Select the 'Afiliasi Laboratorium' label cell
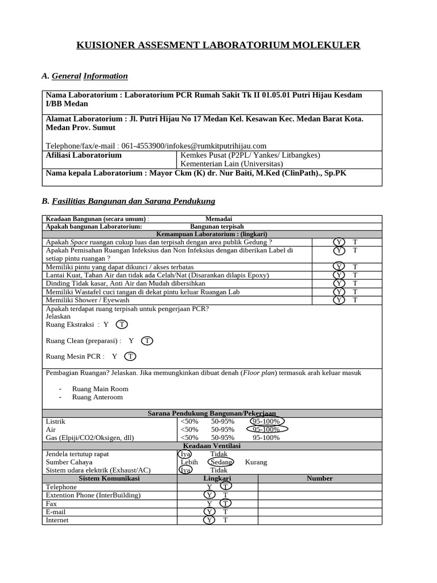tap(84, 155)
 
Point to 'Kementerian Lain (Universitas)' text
tap(231, 163)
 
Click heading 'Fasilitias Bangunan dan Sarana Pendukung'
tap(133, 201)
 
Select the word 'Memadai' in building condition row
tap(218, 219)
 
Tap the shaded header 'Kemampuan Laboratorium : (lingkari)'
tap(212, 234)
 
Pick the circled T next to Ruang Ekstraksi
tap(122, 325)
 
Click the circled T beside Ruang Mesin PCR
tap(130, 356)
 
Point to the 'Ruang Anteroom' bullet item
tap(97, 397)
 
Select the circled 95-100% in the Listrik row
tap(266, 421)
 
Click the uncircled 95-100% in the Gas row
tap(266, 438)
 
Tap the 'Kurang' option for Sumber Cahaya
tap(255, 462)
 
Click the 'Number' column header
tap(319, 478)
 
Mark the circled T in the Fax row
tap(226, 503)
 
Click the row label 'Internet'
tap(57, 520)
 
